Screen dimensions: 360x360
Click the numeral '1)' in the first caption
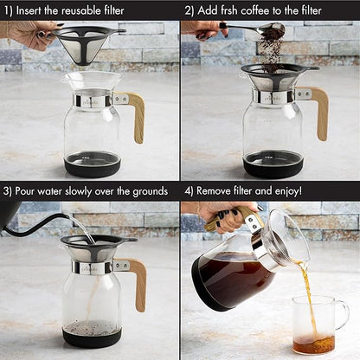click(9, 10)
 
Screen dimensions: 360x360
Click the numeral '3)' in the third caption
click(9, 190)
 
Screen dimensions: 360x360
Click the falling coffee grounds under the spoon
click(271, 52)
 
